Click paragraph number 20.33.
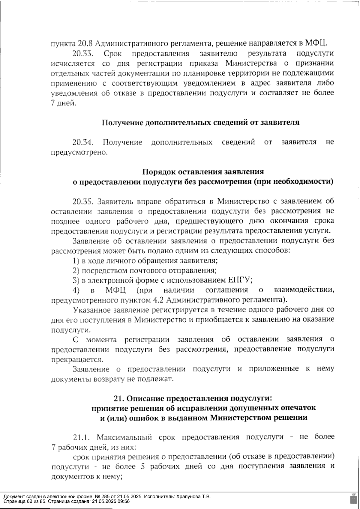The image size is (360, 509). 83,54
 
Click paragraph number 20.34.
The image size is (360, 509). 83,142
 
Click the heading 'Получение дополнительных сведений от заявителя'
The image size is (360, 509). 200,123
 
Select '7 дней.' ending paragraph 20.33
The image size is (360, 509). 62,103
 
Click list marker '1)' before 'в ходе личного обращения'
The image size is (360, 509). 76,260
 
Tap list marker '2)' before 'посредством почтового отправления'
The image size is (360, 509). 76,270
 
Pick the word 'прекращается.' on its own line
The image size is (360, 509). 77,359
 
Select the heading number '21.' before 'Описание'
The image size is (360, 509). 119,399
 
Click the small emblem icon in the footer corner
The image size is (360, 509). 353,499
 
